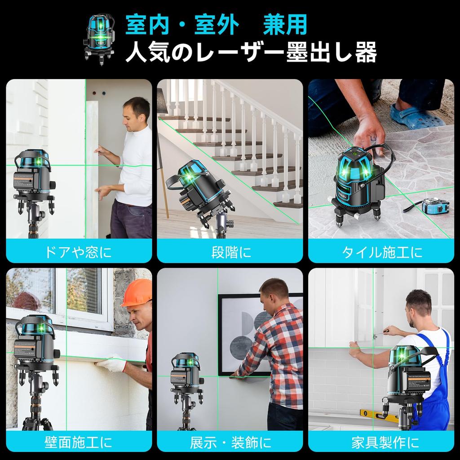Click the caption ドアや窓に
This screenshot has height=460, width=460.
click(x=79, y=252)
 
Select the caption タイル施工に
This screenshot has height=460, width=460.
click(x=382, y=252)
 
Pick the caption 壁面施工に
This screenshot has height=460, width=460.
click(x=79, y=442)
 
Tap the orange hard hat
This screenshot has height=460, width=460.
click(x=137, y=293)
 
